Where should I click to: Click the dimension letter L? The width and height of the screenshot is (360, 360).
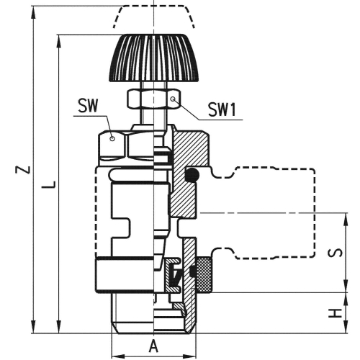49,185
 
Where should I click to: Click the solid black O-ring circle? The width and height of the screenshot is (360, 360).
192,175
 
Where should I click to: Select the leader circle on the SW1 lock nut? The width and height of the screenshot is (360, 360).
173,96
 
